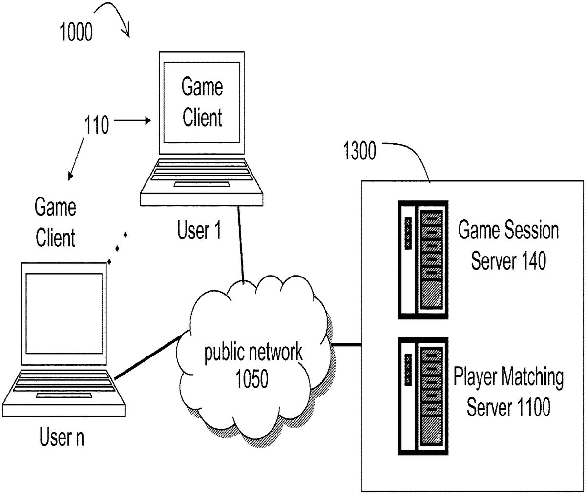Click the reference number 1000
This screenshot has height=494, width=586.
tap(75, 33)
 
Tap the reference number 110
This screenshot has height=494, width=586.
tap(97, 126)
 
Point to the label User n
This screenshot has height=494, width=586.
tap(62, 437)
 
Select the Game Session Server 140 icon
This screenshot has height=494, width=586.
tap(423, 259)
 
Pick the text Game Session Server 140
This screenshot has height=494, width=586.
tap(508, 246)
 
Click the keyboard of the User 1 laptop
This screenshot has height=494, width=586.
tap(202, 176)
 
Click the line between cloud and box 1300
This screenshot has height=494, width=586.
tap(346, 345)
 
